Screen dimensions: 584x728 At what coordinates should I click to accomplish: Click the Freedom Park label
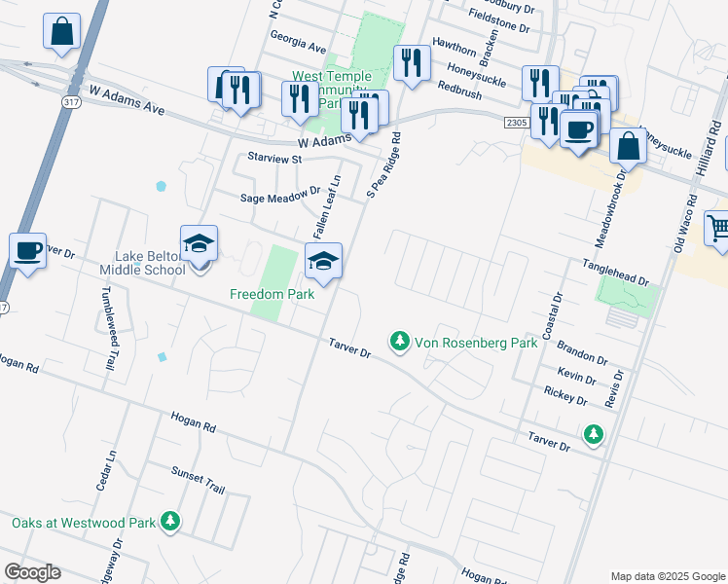(x=273, y=294)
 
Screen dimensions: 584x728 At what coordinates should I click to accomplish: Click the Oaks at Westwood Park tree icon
(x=171, y=522)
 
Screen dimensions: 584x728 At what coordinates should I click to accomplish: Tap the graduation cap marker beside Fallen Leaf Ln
(x=324, y=261)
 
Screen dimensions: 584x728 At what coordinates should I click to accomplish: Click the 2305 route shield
(x=517, y=122)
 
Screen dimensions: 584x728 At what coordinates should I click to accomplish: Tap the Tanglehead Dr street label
(x=615, y=273)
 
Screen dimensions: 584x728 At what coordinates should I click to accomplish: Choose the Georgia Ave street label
(x=299, y=46)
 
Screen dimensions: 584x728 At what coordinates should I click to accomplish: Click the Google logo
(x=32, y=572)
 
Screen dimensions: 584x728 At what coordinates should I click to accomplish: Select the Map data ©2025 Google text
(x=667, y=575)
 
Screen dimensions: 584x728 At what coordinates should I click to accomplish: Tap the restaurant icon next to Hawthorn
(x=412, y=63)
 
